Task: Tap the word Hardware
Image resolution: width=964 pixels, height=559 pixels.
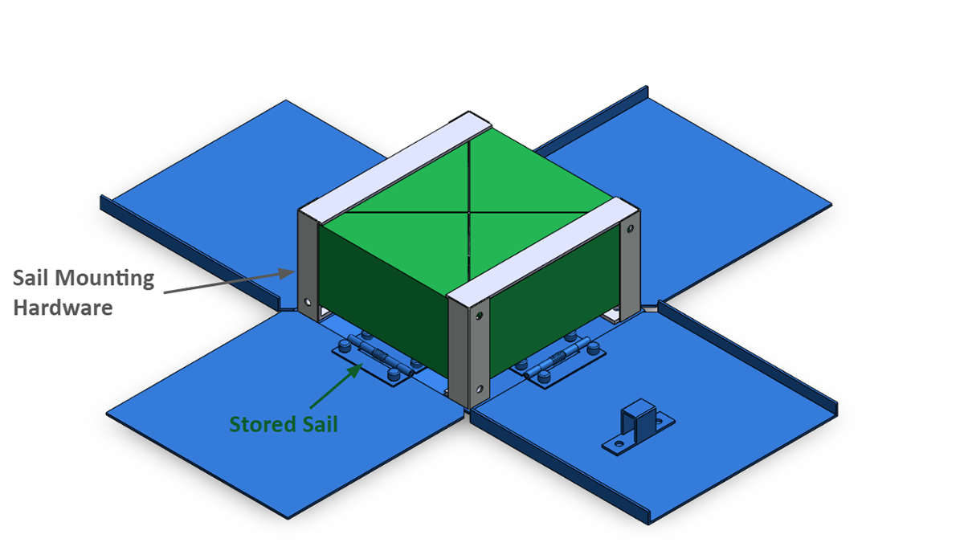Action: (63, 307)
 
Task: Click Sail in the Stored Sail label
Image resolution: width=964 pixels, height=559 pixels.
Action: (316, 423)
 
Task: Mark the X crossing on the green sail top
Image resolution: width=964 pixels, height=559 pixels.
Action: (467, 212)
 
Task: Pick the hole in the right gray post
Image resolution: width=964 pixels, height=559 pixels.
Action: (630, 230)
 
